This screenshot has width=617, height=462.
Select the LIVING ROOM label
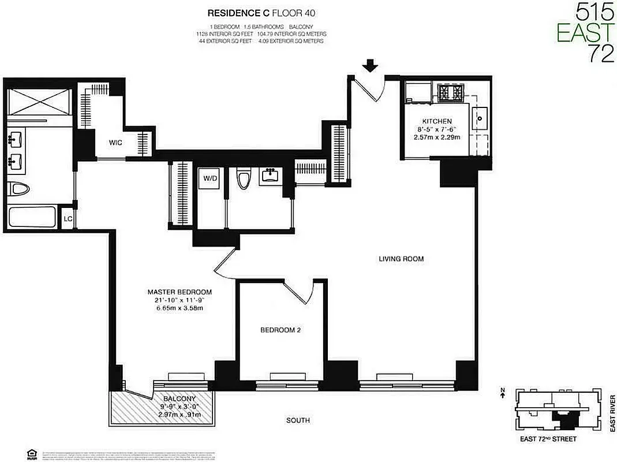pyautogui.click(x=401, y=259)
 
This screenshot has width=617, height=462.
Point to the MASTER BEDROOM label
pyautogui.click(x=179, y=292)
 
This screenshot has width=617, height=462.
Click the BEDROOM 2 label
pyautogui.click(x=280, y=330)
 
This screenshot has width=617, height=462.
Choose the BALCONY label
pyautogui.click(x=178, y=399)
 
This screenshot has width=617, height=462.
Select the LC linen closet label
pyautogui.click(x=68, y=219)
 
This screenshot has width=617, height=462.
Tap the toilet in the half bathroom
pyautogui.click(x=244, y=179)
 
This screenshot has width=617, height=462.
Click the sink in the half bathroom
pyautogui.click(x=270, y=174)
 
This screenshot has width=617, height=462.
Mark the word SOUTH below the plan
pyautogui.click(x=298, y=420)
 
